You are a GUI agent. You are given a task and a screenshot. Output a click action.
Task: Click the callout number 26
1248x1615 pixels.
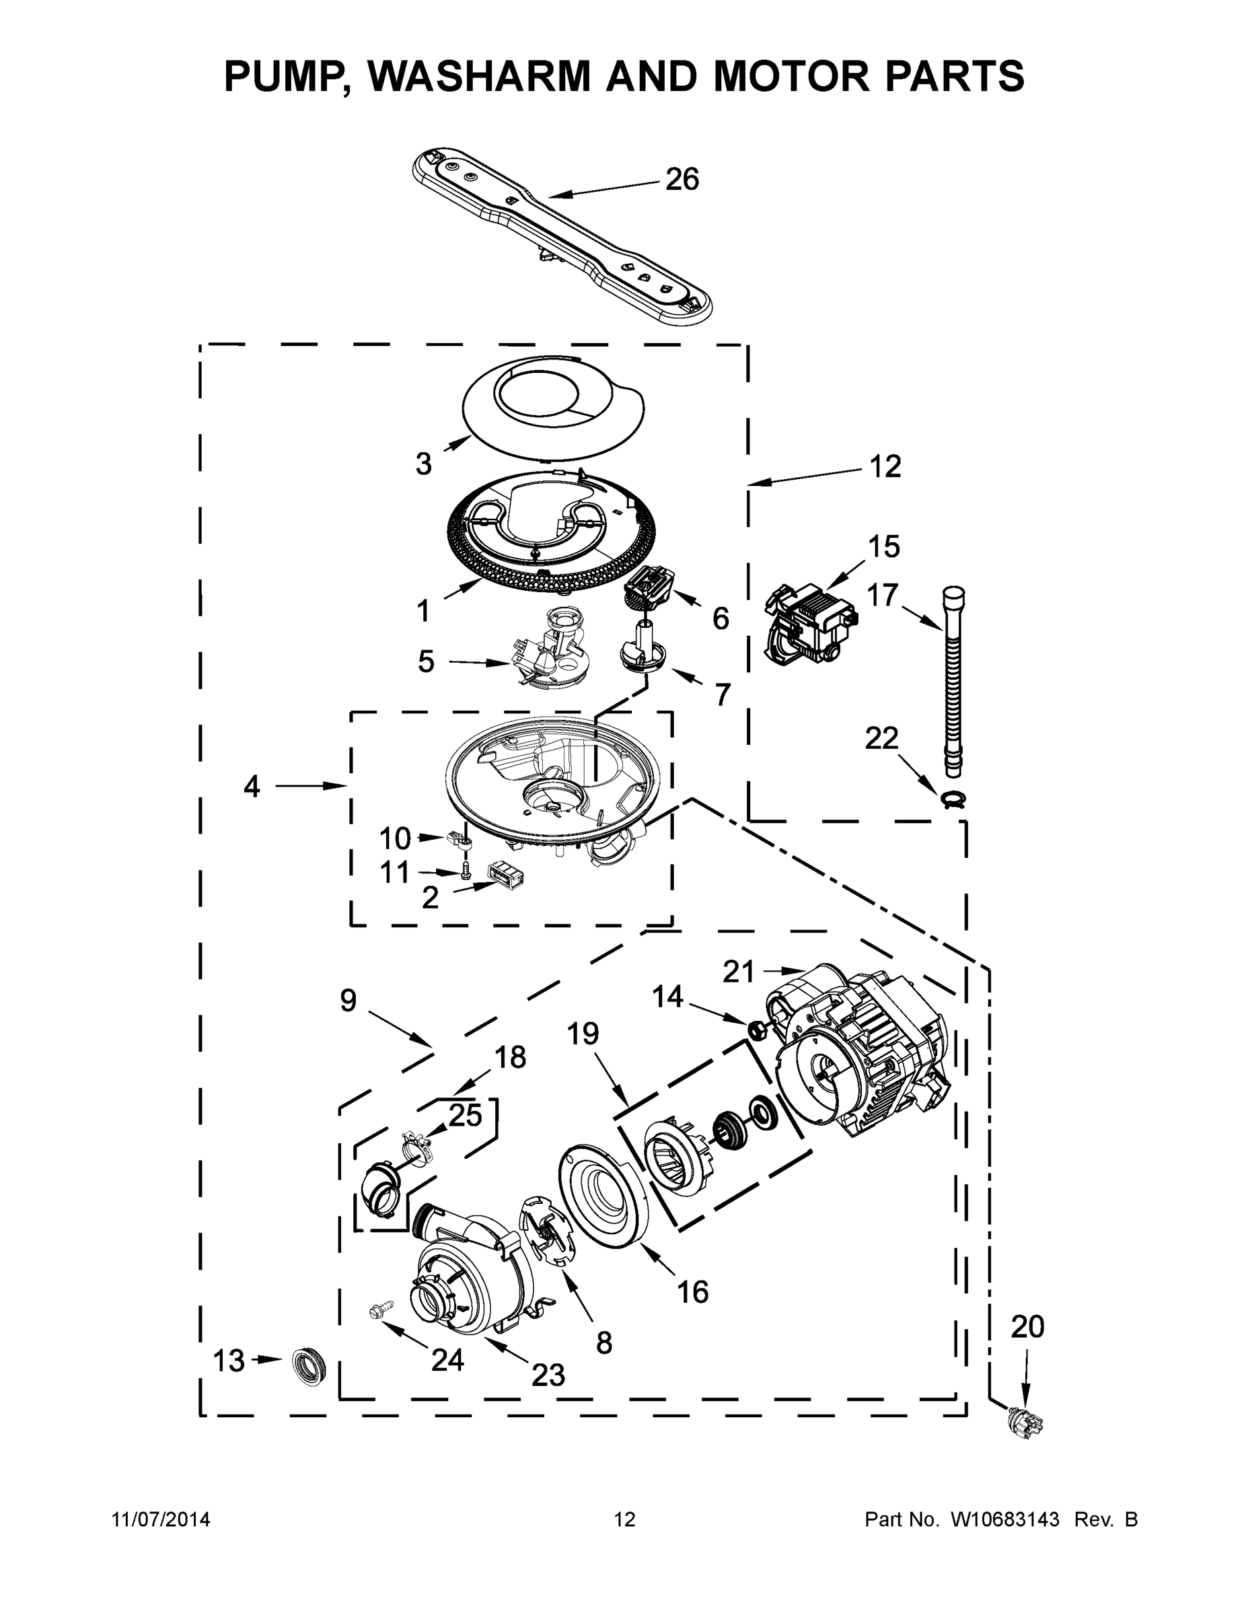[x=682, y=180]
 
